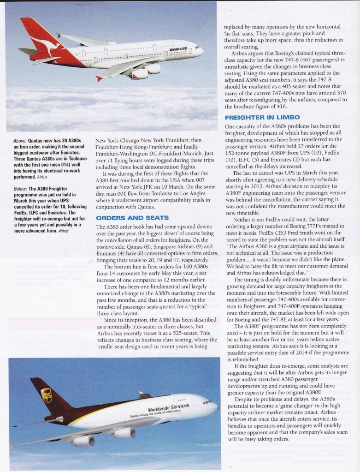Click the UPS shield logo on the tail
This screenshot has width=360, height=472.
[x=47, y=395]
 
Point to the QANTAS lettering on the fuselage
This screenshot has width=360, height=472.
[x=178, y=49]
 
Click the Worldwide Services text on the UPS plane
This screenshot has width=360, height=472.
[x=168, y=408]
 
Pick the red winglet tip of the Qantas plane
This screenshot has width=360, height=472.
[x=98, y=78]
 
